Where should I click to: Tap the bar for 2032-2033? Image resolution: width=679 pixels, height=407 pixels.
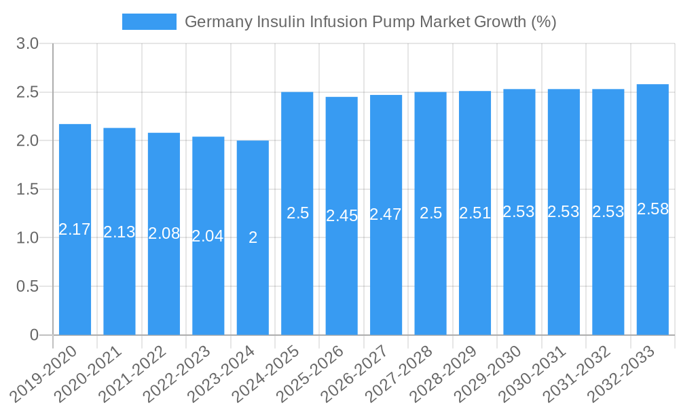[653, 271]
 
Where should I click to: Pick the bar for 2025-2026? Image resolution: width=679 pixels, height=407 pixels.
[342, 271]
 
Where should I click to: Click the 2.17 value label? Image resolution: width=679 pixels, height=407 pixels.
[75, 229]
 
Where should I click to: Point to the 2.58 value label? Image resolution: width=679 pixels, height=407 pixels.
[653, 209]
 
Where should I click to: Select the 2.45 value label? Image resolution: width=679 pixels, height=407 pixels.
[342, 216]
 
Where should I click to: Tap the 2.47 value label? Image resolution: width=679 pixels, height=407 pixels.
[386, 214]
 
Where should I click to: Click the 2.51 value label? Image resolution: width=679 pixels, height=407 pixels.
[475, 213]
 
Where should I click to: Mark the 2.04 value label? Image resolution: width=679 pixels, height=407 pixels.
[208, 236]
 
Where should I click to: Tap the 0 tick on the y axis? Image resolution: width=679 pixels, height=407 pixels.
[35, 335]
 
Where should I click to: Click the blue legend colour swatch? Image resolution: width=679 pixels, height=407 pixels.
[149, 22]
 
